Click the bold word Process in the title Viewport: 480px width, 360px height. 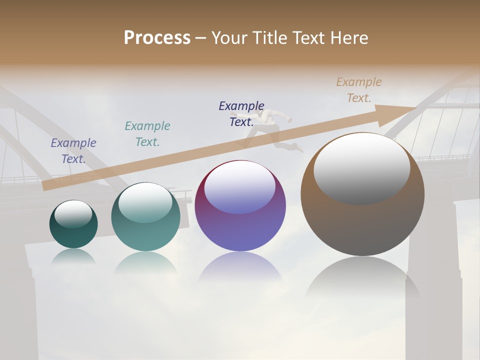point(157,38)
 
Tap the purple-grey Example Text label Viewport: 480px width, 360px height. point(73,151)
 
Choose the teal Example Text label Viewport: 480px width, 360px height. point(147,134)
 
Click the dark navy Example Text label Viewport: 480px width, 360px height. point(241,114)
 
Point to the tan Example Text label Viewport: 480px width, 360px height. point(358,90)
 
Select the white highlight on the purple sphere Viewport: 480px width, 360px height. point(239,186)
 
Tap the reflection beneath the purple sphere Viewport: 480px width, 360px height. point(240,267)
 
